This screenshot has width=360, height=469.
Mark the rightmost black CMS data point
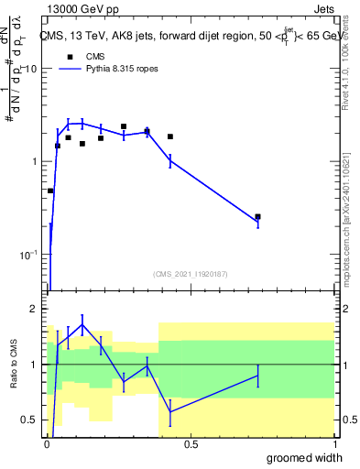point(257,217)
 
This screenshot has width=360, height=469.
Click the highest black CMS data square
point(124,126)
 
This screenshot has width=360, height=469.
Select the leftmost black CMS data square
point(50,191)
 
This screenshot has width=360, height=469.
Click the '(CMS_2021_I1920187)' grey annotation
point(191,273)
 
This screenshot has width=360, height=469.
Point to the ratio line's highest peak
point(82,324)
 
